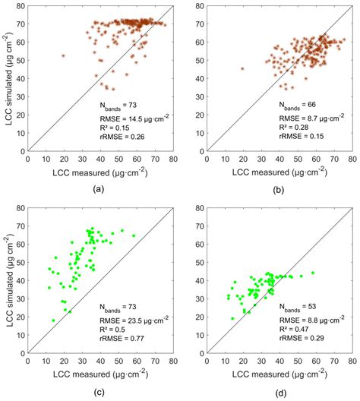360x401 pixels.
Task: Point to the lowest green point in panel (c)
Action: click(x=52, y=320)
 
